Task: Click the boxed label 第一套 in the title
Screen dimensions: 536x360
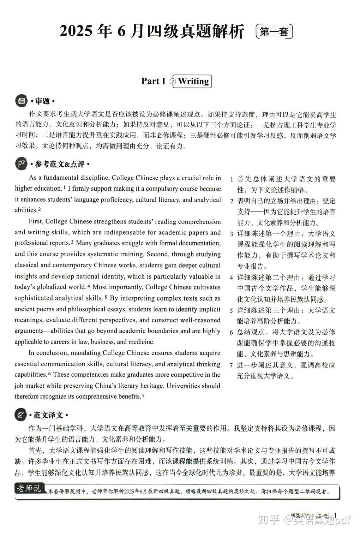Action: tap(274, 32)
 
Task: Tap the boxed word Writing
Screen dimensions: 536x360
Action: tap(193, 81)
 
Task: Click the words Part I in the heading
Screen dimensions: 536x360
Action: tap(153, 81)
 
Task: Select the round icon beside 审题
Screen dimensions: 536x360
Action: tap(22, 101)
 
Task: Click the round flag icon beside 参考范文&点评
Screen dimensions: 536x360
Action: tap(22, 164)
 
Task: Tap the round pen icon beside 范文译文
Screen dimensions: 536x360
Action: tap(21, 415)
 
